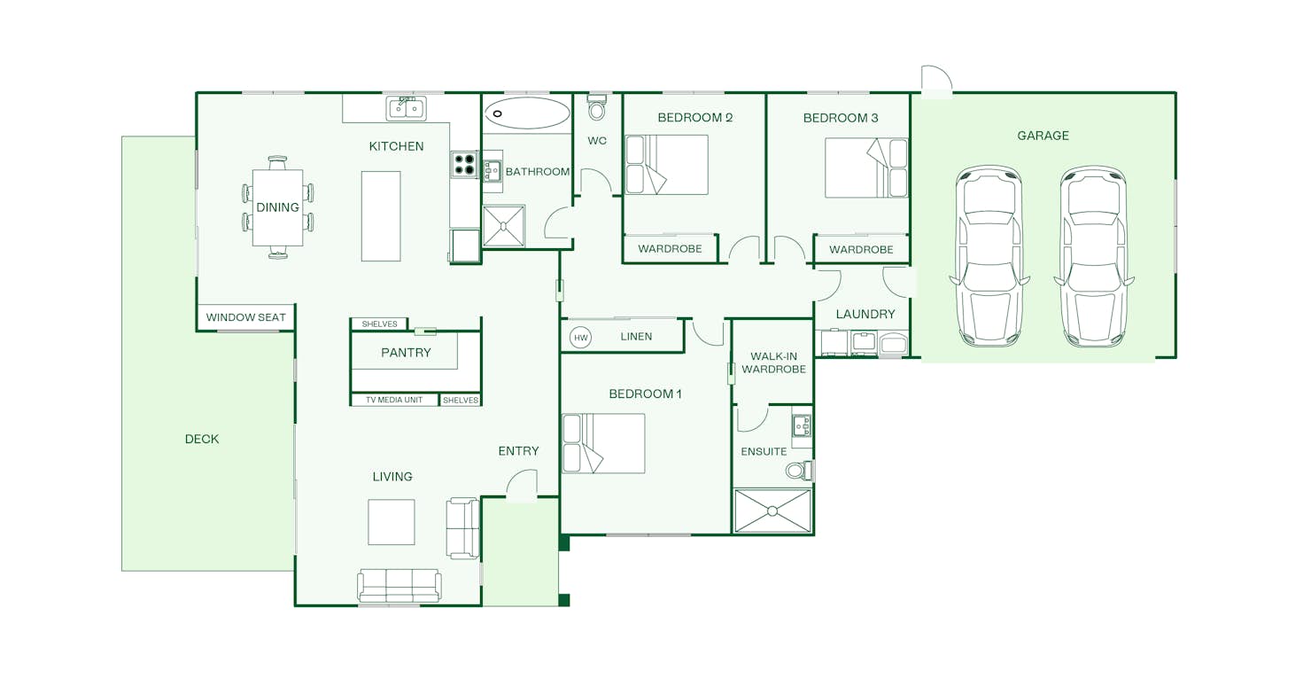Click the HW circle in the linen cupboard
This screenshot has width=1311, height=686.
click(580, 338)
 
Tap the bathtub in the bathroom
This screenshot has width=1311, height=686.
click(527, 113)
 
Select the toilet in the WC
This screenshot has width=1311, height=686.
click(597, 107)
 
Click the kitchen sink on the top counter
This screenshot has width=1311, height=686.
click(407, 109)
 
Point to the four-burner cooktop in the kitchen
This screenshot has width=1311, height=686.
click(465, 165)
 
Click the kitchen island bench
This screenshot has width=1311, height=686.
click(381, 216)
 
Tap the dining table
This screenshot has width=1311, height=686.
click(278, 207)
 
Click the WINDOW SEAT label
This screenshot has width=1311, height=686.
click(246, 317)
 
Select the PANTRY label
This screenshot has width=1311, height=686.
click(407, 353)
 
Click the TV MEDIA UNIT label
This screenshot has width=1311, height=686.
click(394, 400)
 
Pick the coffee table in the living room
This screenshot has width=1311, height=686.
click(392, 522)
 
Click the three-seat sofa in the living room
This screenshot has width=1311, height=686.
click(400, 585)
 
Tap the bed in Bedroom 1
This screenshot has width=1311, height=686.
click(603, 443)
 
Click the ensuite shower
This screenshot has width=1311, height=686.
click(772, 511)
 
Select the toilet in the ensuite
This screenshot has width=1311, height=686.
click(800, 470)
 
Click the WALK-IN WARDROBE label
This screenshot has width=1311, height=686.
click(773, 362)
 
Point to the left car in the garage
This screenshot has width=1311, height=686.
click(989, 256)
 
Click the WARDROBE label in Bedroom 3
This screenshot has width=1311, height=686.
click(861, 250)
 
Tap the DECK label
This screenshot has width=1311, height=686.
click(202, 440)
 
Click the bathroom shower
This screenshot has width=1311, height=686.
click(504, 226)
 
